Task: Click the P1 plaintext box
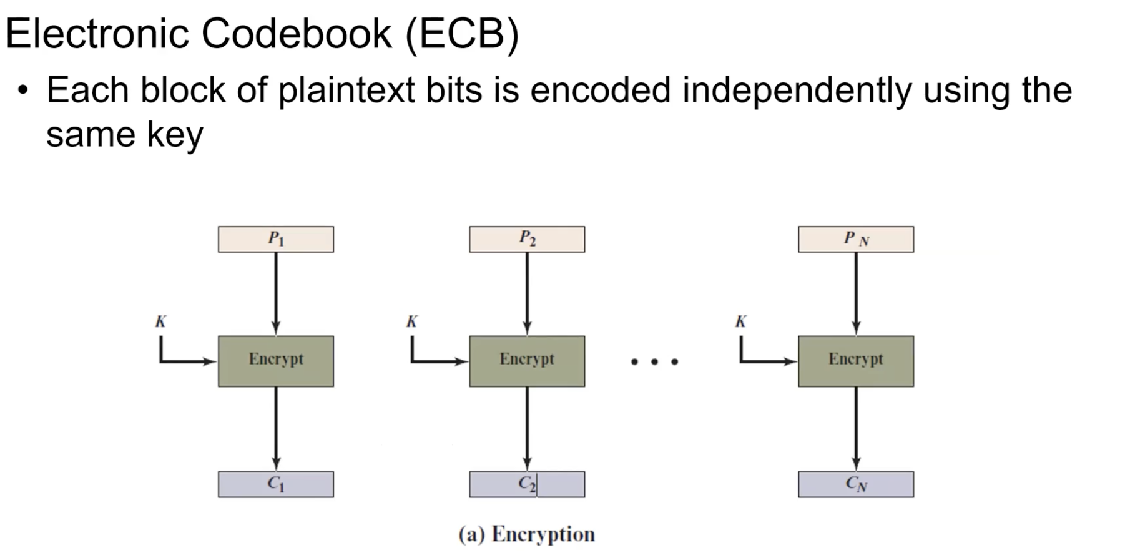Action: click(x=275, y=239)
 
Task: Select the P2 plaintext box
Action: click(x=527, y=239)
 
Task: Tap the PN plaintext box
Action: click(x=855, y=239)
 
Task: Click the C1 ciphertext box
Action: click(x=275, y=484)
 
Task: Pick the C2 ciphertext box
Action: click(x=527, y=484)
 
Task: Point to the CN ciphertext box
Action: click(x=855, y=484)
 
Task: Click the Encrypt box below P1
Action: click(x=275, y=361)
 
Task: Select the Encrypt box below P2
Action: click(x=527, y=361)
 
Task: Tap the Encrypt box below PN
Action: click(x=855, y=361)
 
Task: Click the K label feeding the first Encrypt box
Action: click(x=161, y=322)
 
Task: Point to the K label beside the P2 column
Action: click(x=412, y=322)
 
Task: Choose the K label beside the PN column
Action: click(x=740, y=322)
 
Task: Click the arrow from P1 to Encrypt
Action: click(x=276, y=293)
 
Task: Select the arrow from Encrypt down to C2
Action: click(x=528, y=428)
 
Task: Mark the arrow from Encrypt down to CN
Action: click(x=856, y=428)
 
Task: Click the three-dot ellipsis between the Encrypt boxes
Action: click(x=654, y=361)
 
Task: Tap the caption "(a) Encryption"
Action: click(x=526, y=534)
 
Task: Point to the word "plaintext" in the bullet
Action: click(x=346, y=90)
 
